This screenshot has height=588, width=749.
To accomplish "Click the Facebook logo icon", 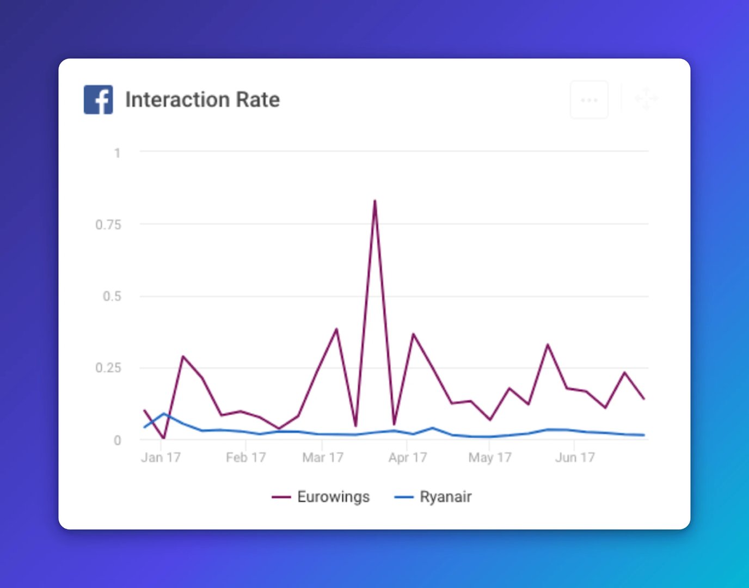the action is coord(98,100).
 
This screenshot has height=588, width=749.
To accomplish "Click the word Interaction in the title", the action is coord(178,100).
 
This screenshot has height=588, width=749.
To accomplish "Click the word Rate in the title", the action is coord(258,100).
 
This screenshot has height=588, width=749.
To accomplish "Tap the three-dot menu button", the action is coord(589,100).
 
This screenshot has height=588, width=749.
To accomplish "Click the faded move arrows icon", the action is coord(646,99).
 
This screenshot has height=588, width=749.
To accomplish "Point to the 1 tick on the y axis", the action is coord(118,153).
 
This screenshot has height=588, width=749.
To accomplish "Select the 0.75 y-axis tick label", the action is coord(108,225).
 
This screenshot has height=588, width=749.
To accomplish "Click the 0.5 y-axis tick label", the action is coord(112,296).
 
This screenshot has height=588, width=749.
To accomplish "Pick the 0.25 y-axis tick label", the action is coord(108,368).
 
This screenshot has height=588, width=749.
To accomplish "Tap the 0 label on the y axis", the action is coord(118,440).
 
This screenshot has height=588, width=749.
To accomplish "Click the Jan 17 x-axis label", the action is coord(161,457).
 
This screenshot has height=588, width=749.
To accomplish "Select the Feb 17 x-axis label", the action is coord(245,457).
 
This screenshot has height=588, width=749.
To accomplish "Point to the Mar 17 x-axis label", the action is coord(323,457).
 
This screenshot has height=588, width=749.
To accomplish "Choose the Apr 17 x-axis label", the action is coord(408,457).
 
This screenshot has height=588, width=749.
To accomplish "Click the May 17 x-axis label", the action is coord(489,458).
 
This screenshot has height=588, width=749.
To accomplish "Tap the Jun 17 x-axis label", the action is coord(575,457).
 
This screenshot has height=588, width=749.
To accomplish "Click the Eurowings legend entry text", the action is coord(333,497).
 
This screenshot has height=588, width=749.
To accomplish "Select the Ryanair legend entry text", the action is coord(445,497).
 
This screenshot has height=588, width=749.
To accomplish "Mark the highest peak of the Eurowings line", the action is coord(374,200).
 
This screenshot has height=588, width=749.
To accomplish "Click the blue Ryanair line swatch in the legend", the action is coord(404,497).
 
